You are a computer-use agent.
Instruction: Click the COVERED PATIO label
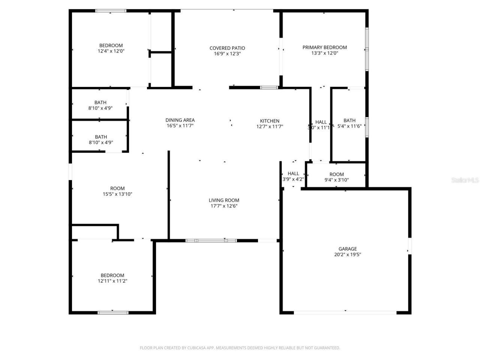pos(227,48)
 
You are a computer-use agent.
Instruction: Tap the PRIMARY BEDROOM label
pos(324,47)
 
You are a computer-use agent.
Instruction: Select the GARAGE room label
pos(348,249)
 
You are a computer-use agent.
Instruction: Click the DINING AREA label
pos(180,120)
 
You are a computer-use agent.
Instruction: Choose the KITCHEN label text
pos(270,121)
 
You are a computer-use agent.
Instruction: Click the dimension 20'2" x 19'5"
pos(348,255)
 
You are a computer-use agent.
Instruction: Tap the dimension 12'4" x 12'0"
pos(111,51)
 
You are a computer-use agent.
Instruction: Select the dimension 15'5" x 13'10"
pos(117,194)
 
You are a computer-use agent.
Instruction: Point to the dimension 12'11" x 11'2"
pos(112,281)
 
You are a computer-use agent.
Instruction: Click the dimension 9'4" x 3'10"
pos(336,180)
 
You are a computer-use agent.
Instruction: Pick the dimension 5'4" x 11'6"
pos(349,126)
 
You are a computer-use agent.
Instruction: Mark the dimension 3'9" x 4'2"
pos(293,179)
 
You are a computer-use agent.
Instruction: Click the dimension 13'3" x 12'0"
pos(324,53)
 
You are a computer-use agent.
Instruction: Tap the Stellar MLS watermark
pos(465,180)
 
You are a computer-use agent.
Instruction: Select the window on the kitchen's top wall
pos(269,88)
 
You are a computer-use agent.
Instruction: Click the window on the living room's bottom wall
pos(211,240)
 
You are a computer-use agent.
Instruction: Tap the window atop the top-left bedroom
pos(111,11)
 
